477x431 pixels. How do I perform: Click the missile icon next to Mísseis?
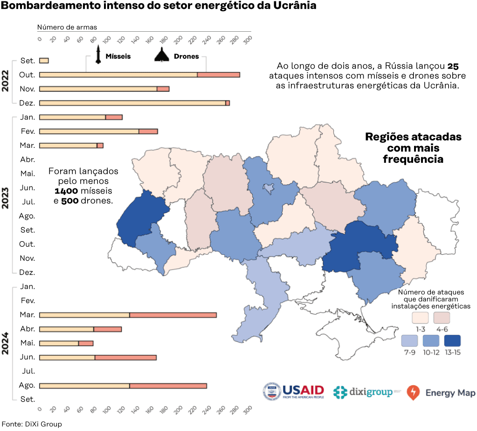[98, 54]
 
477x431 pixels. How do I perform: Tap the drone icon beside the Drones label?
[162, 55]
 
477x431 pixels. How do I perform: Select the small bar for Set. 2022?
[44, 61]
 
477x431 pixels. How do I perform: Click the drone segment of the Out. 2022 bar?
[218, 75]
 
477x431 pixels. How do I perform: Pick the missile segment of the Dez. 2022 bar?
[132, 103]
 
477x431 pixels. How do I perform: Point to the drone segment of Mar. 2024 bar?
[173, 315]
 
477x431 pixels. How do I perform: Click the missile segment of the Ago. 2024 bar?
[84, 386]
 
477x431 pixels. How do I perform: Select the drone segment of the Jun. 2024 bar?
[125, 358]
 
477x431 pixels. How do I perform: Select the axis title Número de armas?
[67, 28]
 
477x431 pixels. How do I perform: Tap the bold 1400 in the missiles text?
[66, 191]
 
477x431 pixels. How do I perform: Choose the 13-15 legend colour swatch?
[452, 341]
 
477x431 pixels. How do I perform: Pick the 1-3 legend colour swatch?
[420, 318]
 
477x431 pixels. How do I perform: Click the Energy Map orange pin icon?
[413, 393]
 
